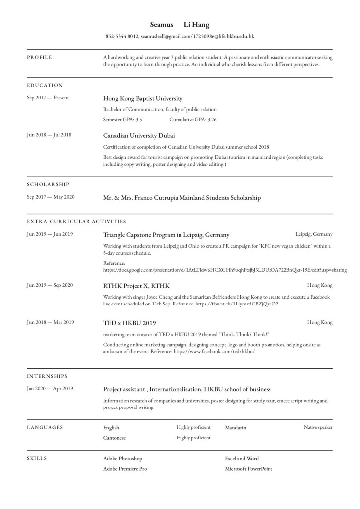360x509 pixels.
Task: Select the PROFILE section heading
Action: (x=39, y=57)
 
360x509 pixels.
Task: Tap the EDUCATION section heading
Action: (x=45, y=85)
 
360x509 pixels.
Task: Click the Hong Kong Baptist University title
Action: (x=143, y=98)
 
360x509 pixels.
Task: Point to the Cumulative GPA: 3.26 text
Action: (x=192, y=119)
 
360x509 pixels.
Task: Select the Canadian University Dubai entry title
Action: (x=139, y=135)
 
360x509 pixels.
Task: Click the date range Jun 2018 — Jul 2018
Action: (x=49, y=135)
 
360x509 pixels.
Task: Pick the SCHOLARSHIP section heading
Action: (x=48, y=184)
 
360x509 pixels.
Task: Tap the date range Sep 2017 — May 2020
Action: (x=50, y=197)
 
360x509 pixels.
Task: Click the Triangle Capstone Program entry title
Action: (x=166, y=234)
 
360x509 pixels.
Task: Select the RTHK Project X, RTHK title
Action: (x=136, y=286)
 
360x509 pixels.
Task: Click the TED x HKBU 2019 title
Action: (x=129, y=323)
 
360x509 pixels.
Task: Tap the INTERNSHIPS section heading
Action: (x=47, y=376)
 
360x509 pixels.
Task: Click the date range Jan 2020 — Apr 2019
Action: (x=50, y=389)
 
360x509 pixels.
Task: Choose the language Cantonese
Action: (x=114, y=438)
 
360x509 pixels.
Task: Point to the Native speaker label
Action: (x=318, y=427)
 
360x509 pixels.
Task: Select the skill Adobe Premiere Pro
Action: (x=125, y=469)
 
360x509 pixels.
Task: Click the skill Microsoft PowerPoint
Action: (x=249, y=469)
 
